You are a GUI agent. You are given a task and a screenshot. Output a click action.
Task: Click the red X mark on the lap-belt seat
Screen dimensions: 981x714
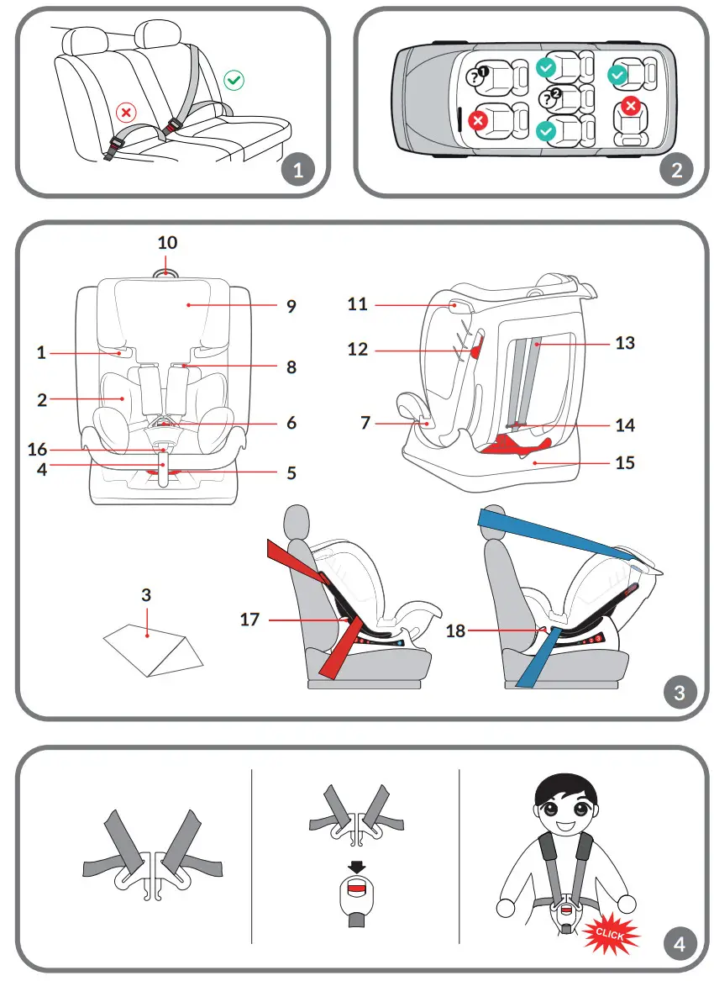click(126, 112)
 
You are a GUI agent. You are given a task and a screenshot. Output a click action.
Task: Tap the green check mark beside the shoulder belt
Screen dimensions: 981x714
click(234, 81)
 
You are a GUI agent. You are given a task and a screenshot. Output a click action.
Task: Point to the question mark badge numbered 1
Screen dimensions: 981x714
click(477, 76)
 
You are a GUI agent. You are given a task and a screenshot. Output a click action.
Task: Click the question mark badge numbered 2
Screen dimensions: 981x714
click(551, 97)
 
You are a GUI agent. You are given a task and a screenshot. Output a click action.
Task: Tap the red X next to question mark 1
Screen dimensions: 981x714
click(480, 122)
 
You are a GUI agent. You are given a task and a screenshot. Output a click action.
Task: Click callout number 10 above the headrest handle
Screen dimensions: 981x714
click(168, 243)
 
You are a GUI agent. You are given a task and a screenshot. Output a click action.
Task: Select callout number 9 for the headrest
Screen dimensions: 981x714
click(291, 306)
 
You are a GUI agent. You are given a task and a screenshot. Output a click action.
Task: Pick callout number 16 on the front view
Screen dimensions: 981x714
click(37, 451)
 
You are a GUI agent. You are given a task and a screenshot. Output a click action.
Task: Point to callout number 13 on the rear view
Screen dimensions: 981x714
click(625, 343)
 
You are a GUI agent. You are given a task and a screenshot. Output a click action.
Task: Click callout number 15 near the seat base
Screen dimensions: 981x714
click(625, 462)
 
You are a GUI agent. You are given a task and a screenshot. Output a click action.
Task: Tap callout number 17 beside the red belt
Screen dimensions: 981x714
click(249, 620)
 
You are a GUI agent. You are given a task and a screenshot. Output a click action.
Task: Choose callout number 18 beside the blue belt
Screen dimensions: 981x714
click(455, 630)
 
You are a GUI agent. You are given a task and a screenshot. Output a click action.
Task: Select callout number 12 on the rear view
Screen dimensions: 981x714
click(358, 348)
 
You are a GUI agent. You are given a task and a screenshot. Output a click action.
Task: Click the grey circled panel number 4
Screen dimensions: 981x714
click(679, 944)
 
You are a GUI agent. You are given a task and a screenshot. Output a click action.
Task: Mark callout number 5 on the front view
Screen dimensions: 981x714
click(291, 473)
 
